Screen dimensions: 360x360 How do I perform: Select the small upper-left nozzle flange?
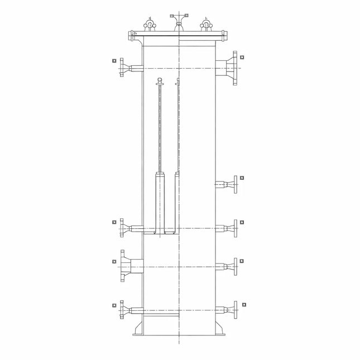tap(121, 68)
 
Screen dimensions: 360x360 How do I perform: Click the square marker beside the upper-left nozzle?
tap(113, 60)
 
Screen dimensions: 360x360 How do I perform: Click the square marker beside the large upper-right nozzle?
tap(242, 57)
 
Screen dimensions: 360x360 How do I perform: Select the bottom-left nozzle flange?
tap(121, 309)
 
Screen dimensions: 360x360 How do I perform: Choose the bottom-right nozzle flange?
tap(235, 309)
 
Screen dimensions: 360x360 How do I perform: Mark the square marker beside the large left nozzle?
tap(113, 260)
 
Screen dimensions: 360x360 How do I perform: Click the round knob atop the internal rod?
tap(160, 80)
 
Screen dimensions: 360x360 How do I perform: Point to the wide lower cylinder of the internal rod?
tap(160, 201)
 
